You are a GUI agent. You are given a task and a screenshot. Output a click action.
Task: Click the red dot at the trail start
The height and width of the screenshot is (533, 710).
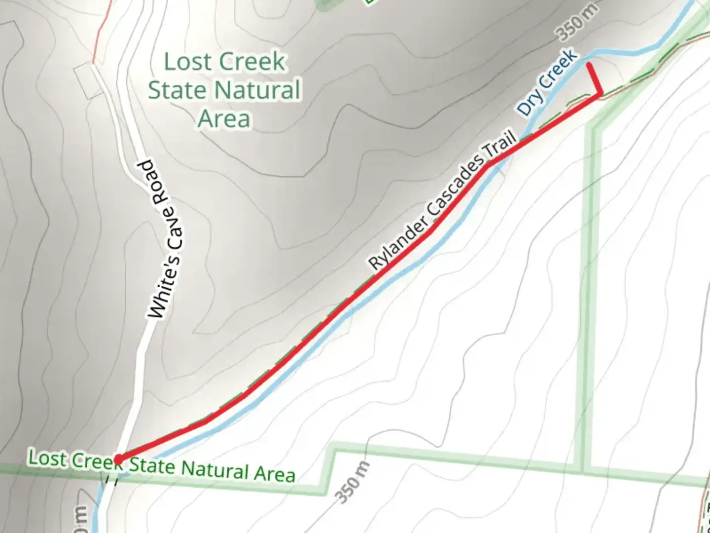[118, 460]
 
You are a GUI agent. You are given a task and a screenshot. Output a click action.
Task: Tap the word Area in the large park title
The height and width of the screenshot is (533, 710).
[224, 119]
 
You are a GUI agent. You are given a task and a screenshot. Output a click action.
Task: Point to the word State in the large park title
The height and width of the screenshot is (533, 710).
[177, 90]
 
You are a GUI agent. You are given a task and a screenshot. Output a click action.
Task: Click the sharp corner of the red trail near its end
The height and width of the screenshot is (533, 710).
[600, 93]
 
